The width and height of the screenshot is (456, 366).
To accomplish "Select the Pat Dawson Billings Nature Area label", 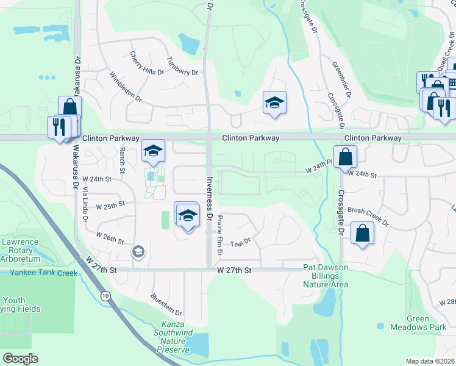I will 326,276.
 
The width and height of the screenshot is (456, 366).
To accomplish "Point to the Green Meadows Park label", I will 427,323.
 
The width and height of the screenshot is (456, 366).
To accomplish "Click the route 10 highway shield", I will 106,296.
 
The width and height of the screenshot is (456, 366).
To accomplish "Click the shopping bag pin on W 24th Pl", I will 345,157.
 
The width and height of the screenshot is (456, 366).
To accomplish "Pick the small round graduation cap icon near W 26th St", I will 139,251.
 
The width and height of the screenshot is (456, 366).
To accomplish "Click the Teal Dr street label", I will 241,243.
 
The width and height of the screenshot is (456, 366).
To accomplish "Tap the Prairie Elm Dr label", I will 220,234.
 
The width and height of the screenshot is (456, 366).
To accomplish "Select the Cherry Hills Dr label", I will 147,63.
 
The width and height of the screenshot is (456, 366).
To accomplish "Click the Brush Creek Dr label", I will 368,217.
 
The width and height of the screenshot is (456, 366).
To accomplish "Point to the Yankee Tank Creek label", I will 43,273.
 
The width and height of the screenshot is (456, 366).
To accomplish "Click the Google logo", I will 21,359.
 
